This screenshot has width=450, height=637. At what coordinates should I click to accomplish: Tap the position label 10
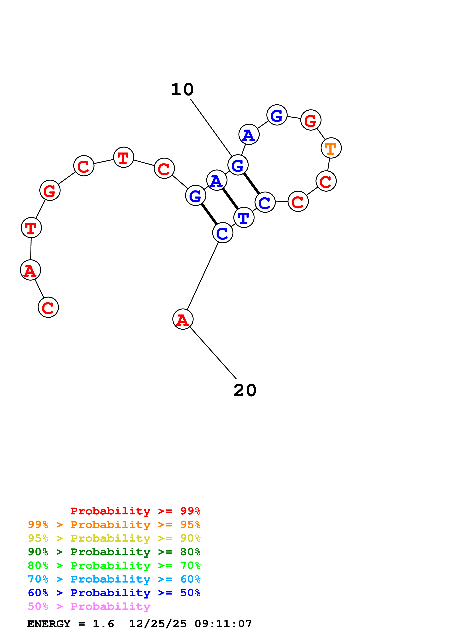182,90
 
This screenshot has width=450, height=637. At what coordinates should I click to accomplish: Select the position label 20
245,391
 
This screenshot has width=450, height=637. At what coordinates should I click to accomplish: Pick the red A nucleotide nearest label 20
183,319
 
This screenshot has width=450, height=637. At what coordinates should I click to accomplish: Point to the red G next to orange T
311,120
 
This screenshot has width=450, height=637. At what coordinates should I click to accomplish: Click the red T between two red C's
124,157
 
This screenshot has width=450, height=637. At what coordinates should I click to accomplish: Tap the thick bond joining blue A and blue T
230,199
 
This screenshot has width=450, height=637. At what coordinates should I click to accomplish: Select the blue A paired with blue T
217,180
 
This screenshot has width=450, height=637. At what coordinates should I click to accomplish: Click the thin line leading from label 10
211,127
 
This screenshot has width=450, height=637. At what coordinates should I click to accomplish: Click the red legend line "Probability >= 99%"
135,511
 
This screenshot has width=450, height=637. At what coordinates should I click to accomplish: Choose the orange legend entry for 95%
114,525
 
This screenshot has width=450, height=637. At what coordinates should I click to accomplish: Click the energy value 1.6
103,624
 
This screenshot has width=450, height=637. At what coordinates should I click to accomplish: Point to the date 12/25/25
158,624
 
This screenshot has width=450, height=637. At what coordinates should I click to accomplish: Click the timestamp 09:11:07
223,624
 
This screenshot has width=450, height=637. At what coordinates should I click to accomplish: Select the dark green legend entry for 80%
114,552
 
